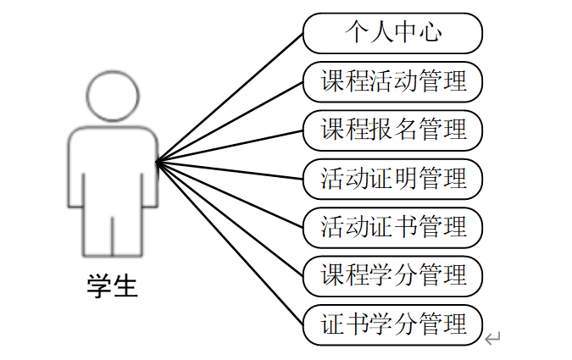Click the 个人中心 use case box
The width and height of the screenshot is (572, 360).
tap(392, 34)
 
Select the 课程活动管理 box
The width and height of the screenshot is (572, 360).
tap(392, 82)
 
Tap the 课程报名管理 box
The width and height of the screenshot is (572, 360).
tap(392, 130)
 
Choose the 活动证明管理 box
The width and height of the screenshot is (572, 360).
tap(392, 179)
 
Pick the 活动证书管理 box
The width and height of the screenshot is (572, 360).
tap(392, 227)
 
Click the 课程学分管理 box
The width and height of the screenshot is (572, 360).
tap(392, 275)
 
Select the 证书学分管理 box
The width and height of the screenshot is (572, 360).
tap(392, 324)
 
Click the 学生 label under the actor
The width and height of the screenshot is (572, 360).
tap(112, 285)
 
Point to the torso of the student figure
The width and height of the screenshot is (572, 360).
tap(112, 165)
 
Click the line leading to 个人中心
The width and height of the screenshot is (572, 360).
tap(229, 98)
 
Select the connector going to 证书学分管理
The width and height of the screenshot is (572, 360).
tap(229, 241)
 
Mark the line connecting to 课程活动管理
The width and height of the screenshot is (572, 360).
tap(229, 122)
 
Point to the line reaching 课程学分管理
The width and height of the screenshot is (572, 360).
tap(229, 218)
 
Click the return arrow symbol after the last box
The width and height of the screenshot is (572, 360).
tap(493, 339)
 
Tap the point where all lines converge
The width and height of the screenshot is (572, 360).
tap(157, 161)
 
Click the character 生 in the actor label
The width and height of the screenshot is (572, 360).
tap(125, 285)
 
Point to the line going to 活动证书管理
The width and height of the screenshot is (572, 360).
tap(229, 194)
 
